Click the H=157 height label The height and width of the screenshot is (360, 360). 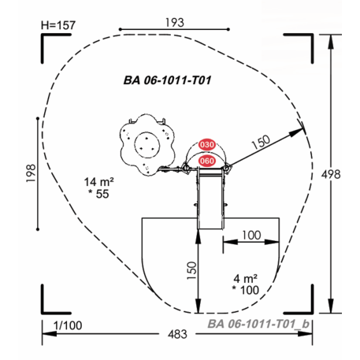[58, 25]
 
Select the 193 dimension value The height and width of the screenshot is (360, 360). [175, 23]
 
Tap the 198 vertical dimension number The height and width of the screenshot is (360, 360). [31, 173]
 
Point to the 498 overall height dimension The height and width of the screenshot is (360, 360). [331, 174]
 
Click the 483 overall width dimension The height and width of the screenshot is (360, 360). [177, 334]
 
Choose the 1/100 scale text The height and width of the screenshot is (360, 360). [68, 325]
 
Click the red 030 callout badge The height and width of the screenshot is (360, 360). [207, 145]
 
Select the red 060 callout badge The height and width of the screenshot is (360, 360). [207, 161]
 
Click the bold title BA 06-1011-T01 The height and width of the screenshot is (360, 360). [167, 80]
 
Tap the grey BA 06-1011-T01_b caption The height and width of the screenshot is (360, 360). [258, 324]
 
